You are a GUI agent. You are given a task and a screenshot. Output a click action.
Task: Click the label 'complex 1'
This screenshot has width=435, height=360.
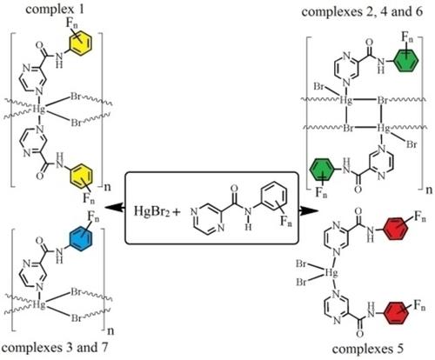coord(55,10)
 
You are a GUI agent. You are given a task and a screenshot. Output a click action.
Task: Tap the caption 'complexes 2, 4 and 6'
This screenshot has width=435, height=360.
coord(362,11)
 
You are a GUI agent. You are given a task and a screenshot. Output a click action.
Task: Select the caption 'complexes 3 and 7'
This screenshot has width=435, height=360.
coord(54,347)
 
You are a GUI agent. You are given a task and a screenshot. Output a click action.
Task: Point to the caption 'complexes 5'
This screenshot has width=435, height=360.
coord(368,349)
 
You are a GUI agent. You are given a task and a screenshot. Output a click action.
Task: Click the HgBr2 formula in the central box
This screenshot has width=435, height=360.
coord(151,210)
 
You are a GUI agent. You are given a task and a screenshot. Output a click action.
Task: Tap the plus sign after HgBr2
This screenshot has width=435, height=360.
coord(176,212)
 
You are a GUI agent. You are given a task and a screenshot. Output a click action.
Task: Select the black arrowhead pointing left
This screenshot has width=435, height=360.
coord(114,207)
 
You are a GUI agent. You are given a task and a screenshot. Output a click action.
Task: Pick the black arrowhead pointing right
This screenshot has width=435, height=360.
coord(308,210)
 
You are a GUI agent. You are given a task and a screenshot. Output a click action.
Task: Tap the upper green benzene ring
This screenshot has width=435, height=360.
coord(406,61)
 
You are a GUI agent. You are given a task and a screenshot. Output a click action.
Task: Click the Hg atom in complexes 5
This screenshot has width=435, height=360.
coord(330,272)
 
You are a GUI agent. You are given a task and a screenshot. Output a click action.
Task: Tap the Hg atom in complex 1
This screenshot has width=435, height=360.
coord(39,109)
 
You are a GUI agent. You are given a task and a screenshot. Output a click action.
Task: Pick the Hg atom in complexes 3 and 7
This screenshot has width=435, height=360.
coord(39,305)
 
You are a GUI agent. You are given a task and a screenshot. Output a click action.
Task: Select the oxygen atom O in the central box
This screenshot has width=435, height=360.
coord(233,189)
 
